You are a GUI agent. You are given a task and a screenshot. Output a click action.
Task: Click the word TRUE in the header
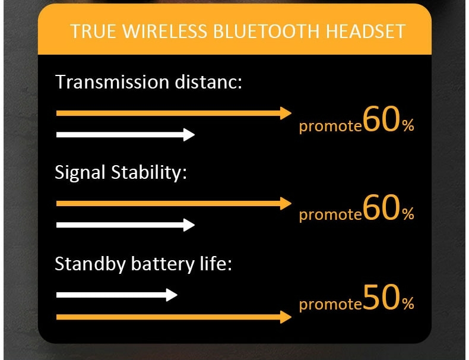point(93,31)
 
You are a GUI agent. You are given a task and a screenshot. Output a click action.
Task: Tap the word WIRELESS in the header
point(165,31)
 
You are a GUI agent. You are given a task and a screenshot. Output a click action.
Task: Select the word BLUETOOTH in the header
point(266,31)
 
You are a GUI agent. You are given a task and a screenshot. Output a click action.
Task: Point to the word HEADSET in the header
point(366,31)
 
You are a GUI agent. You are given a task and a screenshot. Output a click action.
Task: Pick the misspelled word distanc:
point(208,82)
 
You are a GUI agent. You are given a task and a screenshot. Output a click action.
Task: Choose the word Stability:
point(149,173)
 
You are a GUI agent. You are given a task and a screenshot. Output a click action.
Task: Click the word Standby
point(90,264)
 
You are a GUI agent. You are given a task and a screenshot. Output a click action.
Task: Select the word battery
point(163,264)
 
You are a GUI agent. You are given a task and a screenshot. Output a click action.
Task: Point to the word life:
point(216,263)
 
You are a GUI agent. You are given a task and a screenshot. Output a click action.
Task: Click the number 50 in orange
point(382,297)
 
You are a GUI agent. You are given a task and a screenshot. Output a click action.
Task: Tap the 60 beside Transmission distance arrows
point(382,119)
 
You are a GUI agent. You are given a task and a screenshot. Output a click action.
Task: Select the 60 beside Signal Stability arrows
point(382,207)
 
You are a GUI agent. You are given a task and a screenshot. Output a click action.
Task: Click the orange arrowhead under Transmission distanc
point(286,113)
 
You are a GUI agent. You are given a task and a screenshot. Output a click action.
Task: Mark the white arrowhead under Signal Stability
point(189,225)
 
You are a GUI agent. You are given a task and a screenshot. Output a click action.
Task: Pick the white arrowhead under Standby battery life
point(172,295)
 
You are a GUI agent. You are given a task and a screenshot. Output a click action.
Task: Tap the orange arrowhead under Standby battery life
point(286,317)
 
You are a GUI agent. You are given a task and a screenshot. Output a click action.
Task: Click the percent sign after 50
point(408,303)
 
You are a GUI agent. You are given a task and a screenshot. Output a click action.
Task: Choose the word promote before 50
point(331,304)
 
